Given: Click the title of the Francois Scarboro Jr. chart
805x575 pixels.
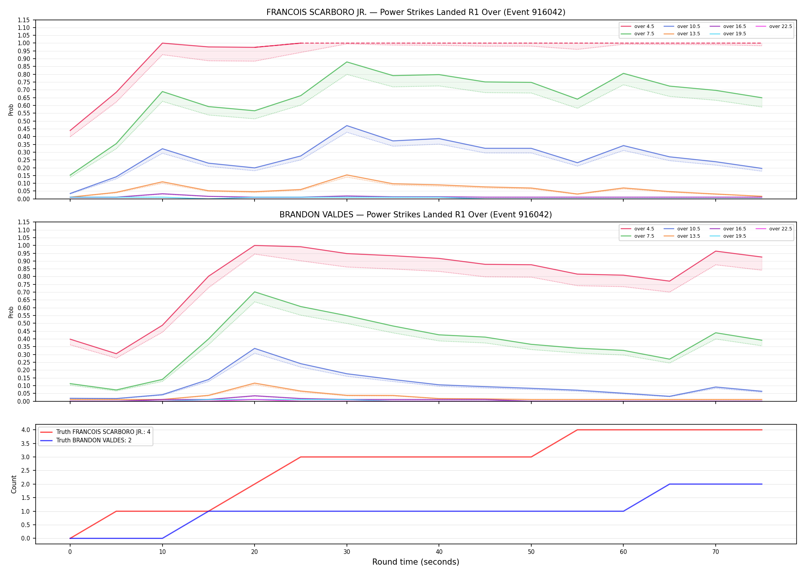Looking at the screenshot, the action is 416,12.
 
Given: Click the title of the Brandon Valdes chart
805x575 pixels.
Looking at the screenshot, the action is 416,215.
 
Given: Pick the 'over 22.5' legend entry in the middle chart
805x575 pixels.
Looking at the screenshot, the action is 774,229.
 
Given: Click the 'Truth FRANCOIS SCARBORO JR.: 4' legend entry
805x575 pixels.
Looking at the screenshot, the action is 95,432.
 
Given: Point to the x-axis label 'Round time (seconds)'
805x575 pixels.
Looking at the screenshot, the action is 416,562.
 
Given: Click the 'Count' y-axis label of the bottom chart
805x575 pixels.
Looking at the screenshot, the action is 14,484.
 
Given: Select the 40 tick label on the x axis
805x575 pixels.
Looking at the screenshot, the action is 439,552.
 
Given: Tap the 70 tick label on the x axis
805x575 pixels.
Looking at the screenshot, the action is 716,552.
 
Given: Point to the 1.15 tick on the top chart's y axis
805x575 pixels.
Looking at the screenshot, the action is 24,20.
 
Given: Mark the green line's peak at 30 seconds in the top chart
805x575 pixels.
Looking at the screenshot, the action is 347,62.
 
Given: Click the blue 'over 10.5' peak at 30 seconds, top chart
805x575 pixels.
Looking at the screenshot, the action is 347,126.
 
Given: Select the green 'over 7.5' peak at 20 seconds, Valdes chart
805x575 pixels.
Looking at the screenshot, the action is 255,292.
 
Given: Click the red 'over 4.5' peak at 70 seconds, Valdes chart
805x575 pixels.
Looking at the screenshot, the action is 716,251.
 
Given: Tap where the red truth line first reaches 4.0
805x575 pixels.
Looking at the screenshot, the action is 577,430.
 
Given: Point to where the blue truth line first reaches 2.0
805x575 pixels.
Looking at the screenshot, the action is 670,484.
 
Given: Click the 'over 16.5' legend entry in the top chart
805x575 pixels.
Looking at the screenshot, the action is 728,26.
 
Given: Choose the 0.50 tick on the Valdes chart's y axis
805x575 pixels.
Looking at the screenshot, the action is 24,324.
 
